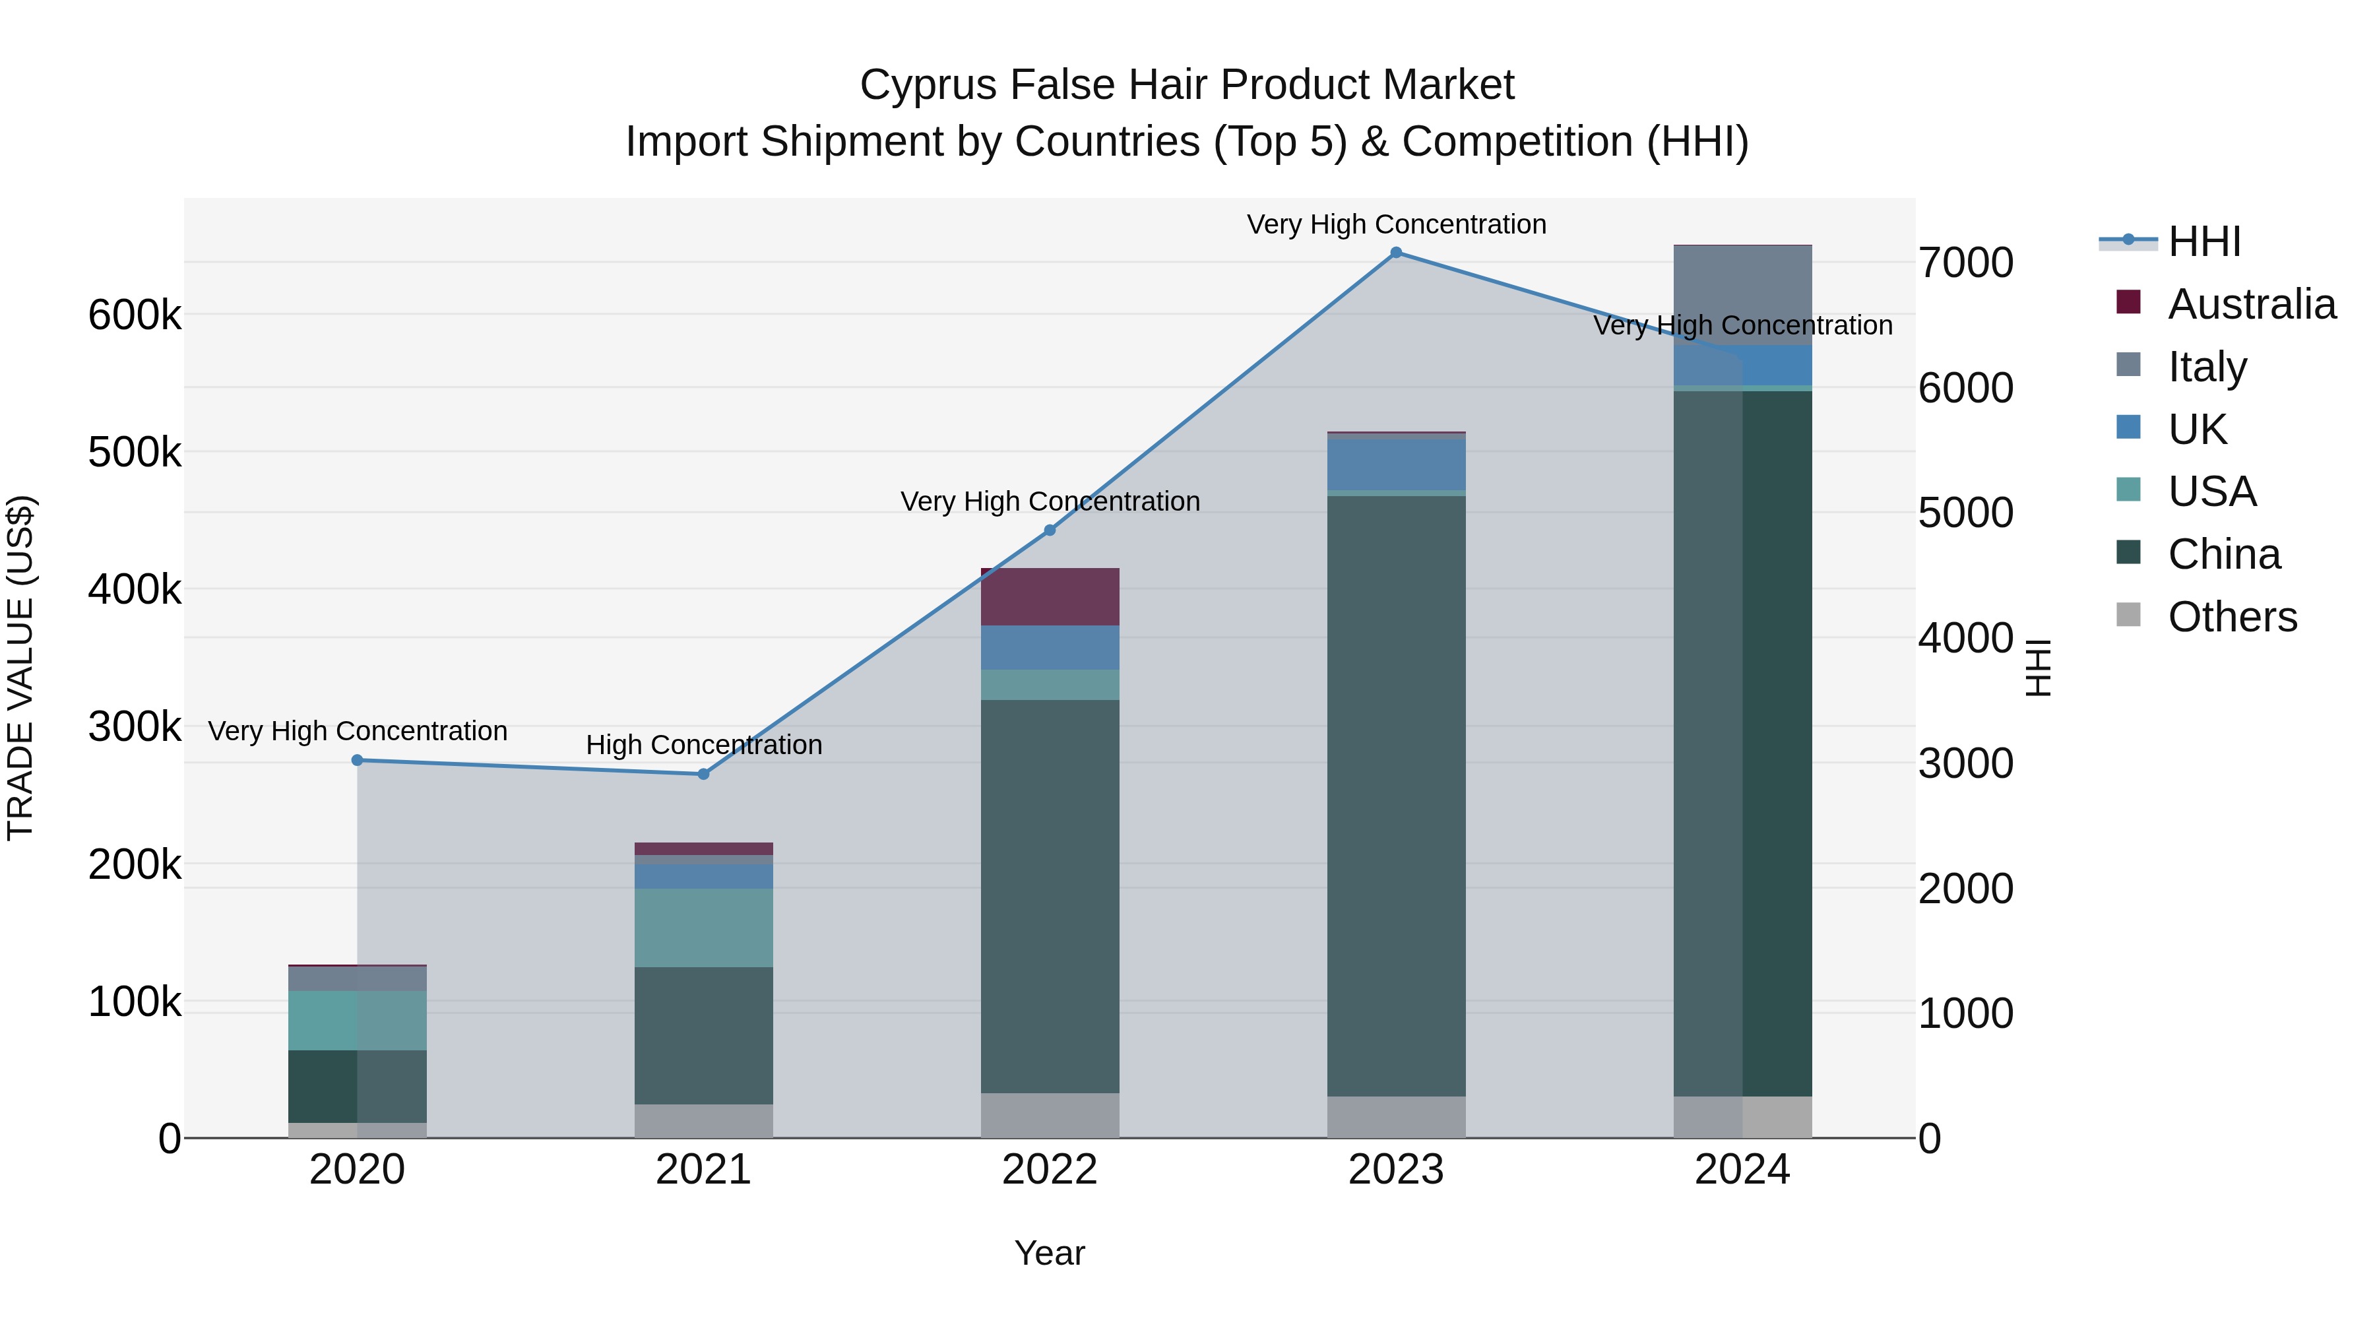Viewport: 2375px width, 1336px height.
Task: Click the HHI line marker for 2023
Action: (x=1396, y=253)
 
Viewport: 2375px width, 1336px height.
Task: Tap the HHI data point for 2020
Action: (x=358, y=761)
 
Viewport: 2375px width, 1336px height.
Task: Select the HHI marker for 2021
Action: (x=703, y=775)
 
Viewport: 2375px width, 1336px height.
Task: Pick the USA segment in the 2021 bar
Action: (x=703, y=928)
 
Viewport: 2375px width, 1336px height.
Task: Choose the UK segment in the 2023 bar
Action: (x=1396, y=464)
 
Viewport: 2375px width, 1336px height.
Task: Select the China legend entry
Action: (x=2224, y=554)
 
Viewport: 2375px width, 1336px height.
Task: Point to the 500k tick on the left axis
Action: (x=135, y=453)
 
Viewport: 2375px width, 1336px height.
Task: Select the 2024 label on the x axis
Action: (x=1742, y=1170)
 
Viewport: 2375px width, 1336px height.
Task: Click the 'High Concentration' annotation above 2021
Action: (x=703, y=745)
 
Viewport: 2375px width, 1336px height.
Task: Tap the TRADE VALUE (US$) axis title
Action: (x=21, y=668)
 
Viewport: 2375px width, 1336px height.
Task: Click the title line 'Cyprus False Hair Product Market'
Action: (x=1187, y=85)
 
